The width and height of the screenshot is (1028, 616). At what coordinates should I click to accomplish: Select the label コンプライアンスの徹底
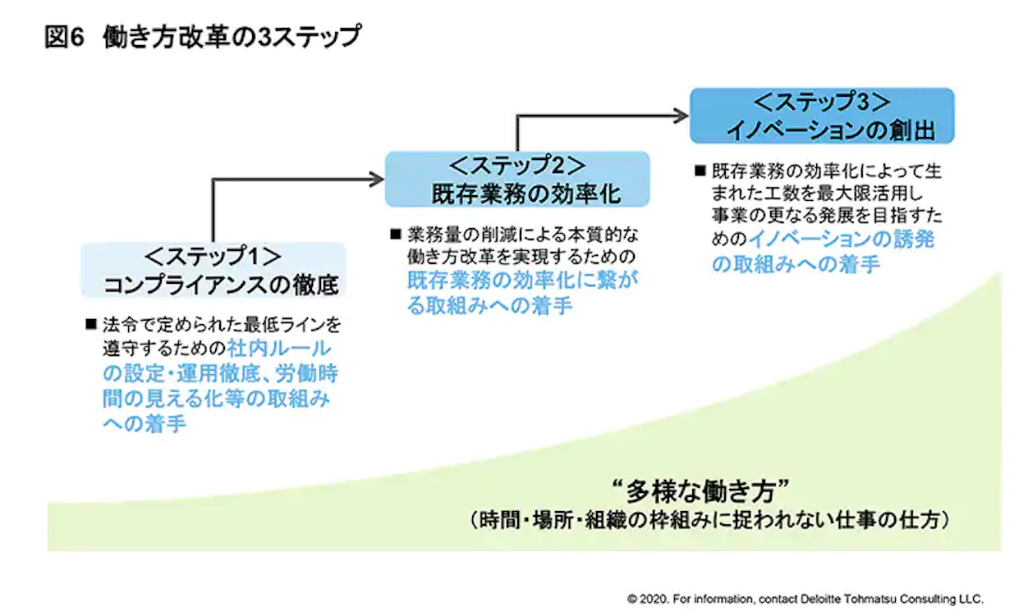point(221,285)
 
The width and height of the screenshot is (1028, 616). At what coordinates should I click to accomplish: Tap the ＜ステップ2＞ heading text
point(517,166)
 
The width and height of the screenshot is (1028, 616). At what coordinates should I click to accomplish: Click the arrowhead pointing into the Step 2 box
point(379,179)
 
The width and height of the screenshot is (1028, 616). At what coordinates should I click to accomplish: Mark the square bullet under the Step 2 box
point(395,234)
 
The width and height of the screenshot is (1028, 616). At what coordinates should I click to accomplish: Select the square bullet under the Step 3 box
point(700,171)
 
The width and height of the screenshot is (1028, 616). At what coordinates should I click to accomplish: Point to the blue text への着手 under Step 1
point(143,423)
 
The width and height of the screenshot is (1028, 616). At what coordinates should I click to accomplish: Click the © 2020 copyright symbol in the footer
point(631,598)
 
